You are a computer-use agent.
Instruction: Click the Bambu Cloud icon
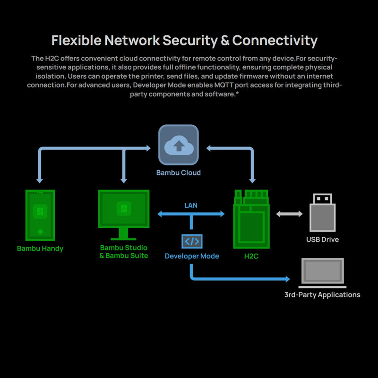pos(178,145)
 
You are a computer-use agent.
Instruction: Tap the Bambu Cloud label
pos(178,173)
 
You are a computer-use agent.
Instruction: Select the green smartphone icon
pos(40,215)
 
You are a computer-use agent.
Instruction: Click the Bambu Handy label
pos(40,249)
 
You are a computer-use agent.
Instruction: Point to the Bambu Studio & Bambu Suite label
pos(124,252)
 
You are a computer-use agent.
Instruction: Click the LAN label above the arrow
pos(191,206)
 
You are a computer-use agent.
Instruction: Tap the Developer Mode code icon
pos(191,241)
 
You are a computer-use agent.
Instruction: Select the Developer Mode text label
pos(192,256)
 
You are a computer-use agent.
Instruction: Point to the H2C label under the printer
pos(251,256)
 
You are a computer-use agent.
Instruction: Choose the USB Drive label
pos(322,240)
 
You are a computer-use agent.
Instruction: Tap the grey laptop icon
pos(323,273)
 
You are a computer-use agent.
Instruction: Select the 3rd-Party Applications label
pos(322,295)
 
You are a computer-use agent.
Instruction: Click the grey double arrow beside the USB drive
pos(289,214)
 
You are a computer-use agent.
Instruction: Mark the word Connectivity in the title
pos(275,41)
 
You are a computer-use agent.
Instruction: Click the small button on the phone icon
pos(40,232)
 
